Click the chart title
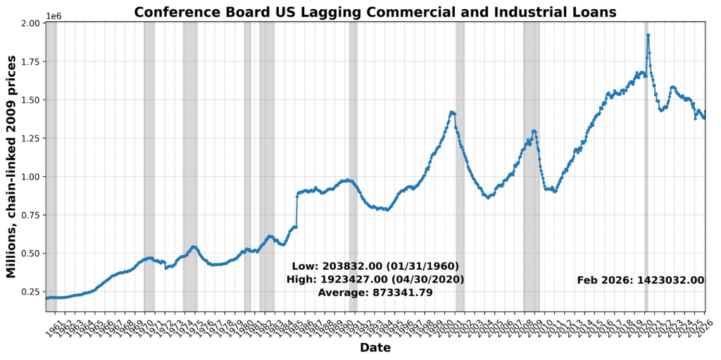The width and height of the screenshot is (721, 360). pyautogui.click(x=375, y=12)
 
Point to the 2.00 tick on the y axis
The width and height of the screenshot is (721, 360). pyautogui.click(x=31, y=23)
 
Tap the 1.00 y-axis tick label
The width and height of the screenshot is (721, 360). pyautogui.click(x=31, y=177)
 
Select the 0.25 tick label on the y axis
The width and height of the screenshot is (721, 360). pyautogui.click(x=31, y=292)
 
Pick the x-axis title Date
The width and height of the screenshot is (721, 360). pyautogui.click(x=375, y=348)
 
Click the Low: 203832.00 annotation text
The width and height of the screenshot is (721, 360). pyautogui.click(x=375, y=266)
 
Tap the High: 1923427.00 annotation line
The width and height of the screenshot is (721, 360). pyautogui.click(x=375, y=280)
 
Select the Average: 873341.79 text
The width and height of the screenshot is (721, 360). pyautogui.click(x=375, y=292)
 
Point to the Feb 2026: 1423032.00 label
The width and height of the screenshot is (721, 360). pyautogui.click(x=640, y=280)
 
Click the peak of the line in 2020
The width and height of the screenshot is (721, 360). pyautogui.click(x=648, y=35)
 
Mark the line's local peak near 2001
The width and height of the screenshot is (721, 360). pyautogui.click(x=452, y=112)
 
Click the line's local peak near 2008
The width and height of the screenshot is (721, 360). pyautogui.click(x=534, y=130)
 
